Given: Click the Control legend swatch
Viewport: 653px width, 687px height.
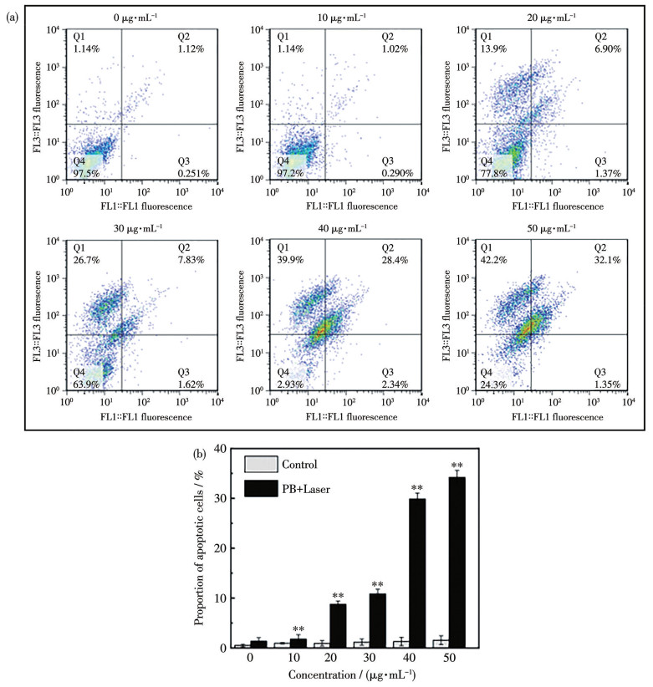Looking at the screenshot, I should [261, 465].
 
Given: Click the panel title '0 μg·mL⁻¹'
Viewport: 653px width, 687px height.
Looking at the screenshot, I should [144, 16].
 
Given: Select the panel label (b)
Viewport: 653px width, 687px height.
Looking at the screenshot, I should [201, 455].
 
